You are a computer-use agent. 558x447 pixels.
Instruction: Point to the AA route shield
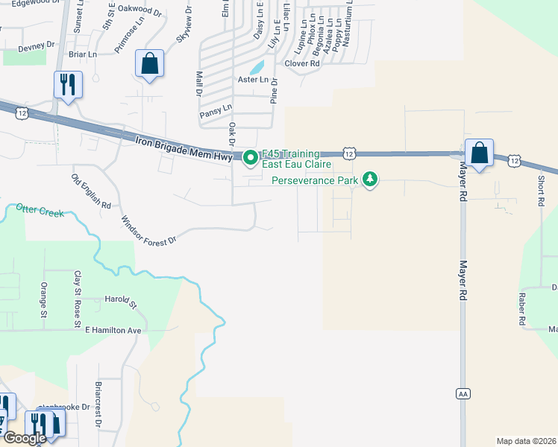[462, 392]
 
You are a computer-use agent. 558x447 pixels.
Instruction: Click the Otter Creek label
[40, 211]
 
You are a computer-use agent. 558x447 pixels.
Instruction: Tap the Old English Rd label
[91, 191]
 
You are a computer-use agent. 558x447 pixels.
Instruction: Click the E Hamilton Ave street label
[113, 329]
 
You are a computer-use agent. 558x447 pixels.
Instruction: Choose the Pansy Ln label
[216, 114]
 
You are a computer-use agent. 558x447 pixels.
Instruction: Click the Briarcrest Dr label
[98, 405]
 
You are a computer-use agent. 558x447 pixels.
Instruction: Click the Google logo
[24, 438]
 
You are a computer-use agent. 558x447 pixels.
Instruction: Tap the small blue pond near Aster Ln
[257, 66]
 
